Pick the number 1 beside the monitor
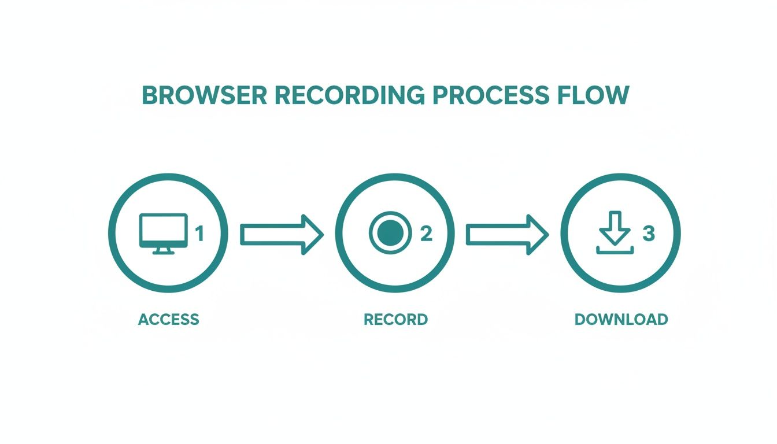[x=199, y=234]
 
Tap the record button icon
[x=390, y=233]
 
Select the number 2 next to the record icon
[x=426, y=234]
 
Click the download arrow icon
[x=615, y=229]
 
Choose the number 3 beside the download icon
[x=649, y=234]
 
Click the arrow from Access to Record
[x=281, y=234]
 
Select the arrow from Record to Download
[x=506, y=234]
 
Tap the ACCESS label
[x=168, y=319]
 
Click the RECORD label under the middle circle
[x=395, y=319]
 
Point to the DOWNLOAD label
[x=621, y=319]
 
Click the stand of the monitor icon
[x=164, y=250]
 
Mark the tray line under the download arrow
[x=615, y=252]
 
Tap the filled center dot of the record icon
[x=390, y=233]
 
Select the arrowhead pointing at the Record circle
[x=312, y=234]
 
